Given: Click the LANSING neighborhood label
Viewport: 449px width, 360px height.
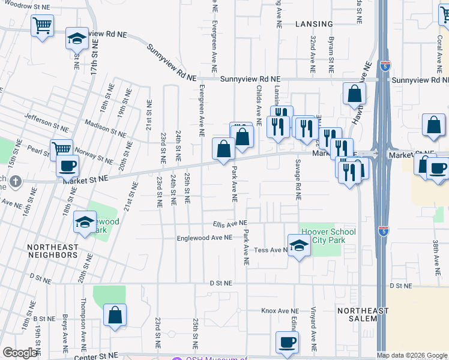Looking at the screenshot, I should (x=314, y=24).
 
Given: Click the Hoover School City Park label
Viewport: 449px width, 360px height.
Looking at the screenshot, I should (x=328, y=236).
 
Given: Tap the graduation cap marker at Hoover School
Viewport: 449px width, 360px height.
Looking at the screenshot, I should (x=298, y=245).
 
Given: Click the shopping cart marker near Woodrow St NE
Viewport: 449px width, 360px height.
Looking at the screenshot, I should (x=43, y=25).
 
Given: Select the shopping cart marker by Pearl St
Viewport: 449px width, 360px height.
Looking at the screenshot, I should (x=61, y=148).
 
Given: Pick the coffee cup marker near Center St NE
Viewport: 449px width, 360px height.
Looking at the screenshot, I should (x=287, y=342).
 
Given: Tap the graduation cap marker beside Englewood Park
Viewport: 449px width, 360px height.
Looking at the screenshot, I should (x=85, y=222).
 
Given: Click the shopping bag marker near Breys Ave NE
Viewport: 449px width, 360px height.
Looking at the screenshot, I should (x=115, y=315).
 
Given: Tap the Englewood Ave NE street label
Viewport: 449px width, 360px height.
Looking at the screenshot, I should (x=204, y=238).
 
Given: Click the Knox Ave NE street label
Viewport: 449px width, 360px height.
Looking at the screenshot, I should (x=280, y=311).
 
